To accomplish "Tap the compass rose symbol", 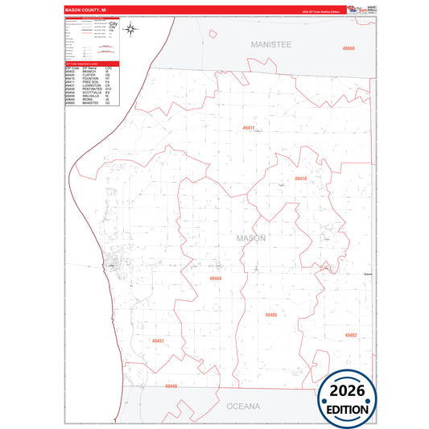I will tap(132, 31).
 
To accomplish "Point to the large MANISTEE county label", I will tap(270, 44).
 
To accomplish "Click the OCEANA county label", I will tap(243, 406).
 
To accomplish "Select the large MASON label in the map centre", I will tap(251, 238).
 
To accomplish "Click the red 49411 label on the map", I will tap(249, 128).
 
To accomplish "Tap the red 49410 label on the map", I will tap(300, 178).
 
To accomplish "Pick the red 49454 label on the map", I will tap(215, 278).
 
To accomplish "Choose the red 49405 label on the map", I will tap(270, 315).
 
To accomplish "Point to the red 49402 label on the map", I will tap(351, 335).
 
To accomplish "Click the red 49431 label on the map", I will tap(158, 341).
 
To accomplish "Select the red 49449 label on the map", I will tap(171, 386).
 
